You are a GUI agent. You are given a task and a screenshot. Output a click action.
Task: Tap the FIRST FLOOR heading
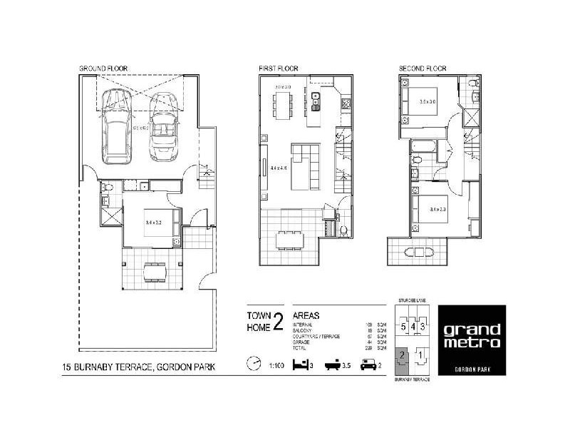tap(279, 69)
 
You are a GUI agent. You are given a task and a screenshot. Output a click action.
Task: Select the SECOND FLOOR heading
tap(423, 69)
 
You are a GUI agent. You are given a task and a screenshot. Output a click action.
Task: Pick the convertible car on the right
tap(162, 127)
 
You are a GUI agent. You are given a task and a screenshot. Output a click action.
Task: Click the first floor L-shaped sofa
tap(305, 163)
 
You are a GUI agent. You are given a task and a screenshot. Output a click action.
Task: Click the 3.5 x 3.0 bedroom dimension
tap(428, 101)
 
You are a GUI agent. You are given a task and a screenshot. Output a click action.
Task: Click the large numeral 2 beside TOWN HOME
tap(278, 322)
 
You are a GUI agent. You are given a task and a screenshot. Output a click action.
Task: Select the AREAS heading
tap(306, 315)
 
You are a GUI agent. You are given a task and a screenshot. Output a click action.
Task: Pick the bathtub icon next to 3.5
tap(335, 365)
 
